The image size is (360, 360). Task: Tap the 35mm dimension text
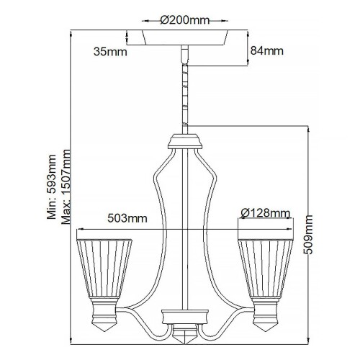110,51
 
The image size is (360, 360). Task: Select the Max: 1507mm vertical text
68,187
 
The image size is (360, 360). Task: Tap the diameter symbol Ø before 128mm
246,213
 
